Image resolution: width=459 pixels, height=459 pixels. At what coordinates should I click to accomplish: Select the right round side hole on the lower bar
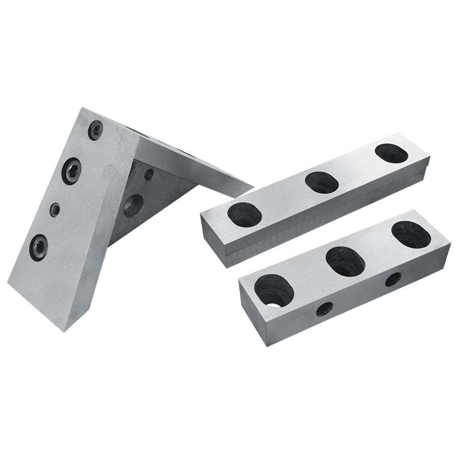[393, 279]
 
